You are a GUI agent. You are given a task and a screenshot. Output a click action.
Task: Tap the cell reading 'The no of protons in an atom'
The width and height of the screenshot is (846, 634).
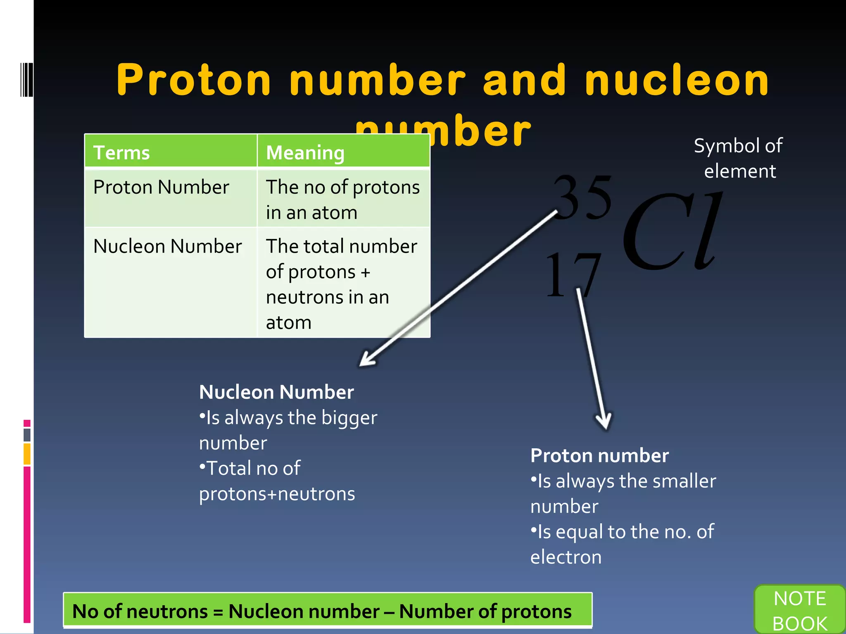[343, 199]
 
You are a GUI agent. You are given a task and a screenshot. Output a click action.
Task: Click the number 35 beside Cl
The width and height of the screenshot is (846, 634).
[583, 197]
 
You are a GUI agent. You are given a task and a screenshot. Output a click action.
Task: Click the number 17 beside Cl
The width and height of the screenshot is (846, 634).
[573, 274]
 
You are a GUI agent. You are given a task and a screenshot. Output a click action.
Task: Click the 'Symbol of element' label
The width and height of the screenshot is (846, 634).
[739, 158]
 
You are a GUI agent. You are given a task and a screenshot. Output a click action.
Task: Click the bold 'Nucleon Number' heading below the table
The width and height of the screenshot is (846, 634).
[276, 392]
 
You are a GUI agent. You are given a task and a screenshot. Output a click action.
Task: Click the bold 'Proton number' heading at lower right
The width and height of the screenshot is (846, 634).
[599, 455]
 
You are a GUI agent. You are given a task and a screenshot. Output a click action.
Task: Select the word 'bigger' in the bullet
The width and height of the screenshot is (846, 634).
[349, 417]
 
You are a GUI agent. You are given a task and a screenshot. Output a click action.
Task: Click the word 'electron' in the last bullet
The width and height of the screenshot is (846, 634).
[566, 557]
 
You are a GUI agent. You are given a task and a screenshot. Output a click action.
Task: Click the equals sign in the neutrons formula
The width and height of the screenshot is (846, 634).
[218, 612]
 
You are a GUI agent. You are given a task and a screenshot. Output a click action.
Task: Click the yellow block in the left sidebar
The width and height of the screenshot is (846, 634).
[27, 454]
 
